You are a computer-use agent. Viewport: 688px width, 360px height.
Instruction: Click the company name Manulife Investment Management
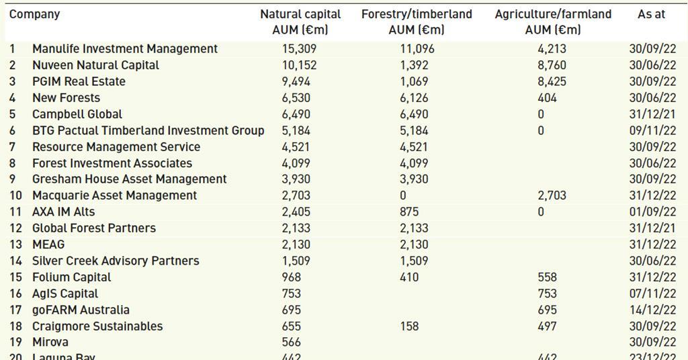coord(125,49)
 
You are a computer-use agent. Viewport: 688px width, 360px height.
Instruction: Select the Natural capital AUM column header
coord(300,21)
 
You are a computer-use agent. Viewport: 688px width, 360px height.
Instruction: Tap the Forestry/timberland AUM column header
coord(417,21)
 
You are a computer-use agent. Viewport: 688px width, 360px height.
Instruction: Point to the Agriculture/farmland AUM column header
coord(553,21)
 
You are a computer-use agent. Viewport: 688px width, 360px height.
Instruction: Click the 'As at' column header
coord(651,14)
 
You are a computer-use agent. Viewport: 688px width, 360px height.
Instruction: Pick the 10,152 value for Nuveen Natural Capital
coord(299,65)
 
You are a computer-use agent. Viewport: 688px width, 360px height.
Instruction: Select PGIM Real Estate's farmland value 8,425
coord(552,81)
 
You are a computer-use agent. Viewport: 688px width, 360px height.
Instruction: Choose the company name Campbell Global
coord(77,114)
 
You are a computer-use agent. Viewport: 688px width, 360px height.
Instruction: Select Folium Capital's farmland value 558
coord(548,277)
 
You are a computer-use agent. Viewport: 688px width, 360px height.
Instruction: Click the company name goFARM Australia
coord(81,310)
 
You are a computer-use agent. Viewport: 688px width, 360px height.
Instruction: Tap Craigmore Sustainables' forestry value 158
coord(409,326)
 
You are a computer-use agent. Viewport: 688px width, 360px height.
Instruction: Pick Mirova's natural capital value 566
coord(291,342)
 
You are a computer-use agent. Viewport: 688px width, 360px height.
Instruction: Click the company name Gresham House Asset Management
coord(130,179)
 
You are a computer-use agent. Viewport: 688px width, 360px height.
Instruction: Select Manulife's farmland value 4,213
coord(552,49)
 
